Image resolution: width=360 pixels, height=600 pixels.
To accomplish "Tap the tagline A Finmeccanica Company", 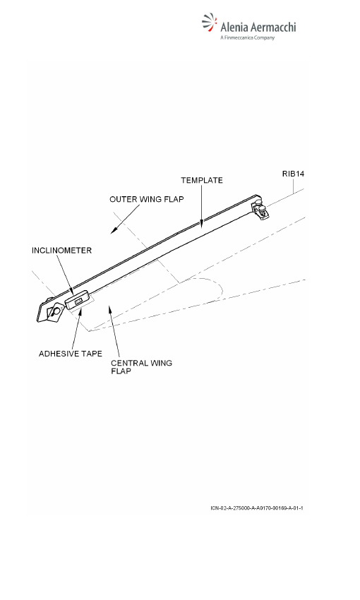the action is pyautogui.click(x=248, y=37).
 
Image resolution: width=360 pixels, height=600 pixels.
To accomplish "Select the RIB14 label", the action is pyautogui.click(x=293, y=174).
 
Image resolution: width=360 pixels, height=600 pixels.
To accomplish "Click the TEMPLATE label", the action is pyautogui.click(x=202, y=180).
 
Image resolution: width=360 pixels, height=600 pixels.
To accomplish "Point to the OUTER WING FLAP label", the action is pyautogui.click(x=147, y=199).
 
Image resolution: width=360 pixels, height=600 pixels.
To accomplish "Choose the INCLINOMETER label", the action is pyautogui.click(x=61, y=251).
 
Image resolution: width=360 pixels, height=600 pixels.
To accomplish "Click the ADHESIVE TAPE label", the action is pyautogui.click(x=71, y=354).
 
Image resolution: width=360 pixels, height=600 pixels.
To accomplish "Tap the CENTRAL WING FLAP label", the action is pyautogui.click(x=141, y=366).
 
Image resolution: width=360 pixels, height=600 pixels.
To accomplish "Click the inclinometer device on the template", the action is pyautogui.click(x=78, y=301).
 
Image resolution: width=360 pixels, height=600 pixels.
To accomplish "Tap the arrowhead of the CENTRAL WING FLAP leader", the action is pyautogui.click(x=110, y=310).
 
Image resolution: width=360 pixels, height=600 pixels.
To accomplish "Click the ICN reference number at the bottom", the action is pyautogui.click(x=257, y=508).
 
